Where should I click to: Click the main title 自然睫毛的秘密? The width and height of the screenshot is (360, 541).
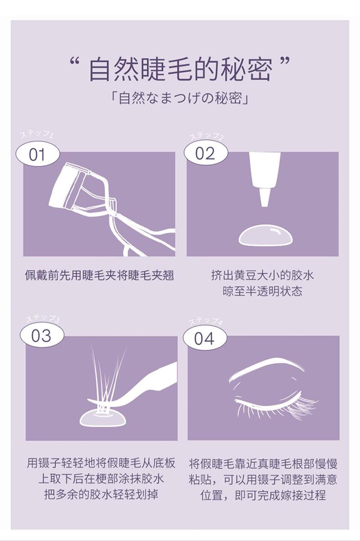tap(180, 70)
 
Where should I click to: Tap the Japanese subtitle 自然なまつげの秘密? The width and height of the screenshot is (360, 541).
tap(180, 99)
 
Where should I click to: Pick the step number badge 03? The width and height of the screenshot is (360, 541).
tap(41, 336)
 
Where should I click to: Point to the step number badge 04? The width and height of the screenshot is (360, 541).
tap(204, 339)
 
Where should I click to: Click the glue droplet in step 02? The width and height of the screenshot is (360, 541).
tap(265, 236)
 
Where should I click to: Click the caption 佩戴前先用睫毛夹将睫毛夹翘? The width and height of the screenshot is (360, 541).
tap(99, 276)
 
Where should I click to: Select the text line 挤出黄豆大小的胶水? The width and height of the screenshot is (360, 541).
tap(262, 276)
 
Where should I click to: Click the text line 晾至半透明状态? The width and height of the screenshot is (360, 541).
tap(262, 291)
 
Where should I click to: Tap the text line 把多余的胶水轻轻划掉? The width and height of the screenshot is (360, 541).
tap(101, 494)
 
